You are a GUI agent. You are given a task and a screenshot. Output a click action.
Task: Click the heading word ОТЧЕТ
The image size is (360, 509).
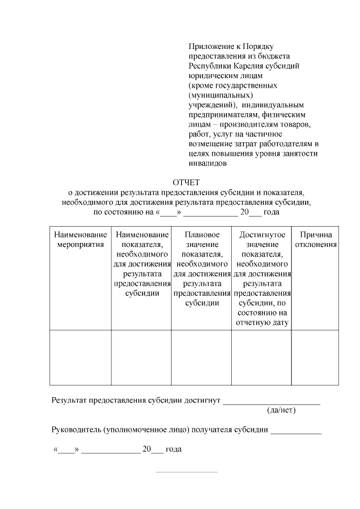tap(186, 182)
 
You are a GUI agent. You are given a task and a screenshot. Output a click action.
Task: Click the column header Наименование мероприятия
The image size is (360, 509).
tap(80, 240)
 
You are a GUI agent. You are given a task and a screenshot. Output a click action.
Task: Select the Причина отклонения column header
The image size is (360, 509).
tap(316, 240)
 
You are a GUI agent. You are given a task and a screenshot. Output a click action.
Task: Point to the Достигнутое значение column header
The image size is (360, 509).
tap(262, 278)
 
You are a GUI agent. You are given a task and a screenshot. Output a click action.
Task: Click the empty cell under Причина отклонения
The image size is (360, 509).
tap(315, 358)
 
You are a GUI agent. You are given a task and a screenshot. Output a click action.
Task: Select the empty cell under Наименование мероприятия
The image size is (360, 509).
tap(80, 358)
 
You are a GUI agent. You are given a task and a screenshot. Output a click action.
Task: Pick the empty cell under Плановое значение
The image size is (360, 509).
tap(201, 358)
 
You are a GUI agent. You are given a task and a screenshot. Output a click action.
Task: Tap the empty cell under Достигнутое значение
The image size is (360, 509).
tap(262, 358)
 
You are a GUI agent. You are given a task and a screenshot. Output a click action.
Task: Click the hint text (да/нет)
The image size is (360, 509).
tap(282, 410)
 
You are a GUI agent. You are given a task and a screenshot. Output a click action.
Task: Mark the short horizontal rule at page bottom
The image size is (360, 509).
tap(186, 472)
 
